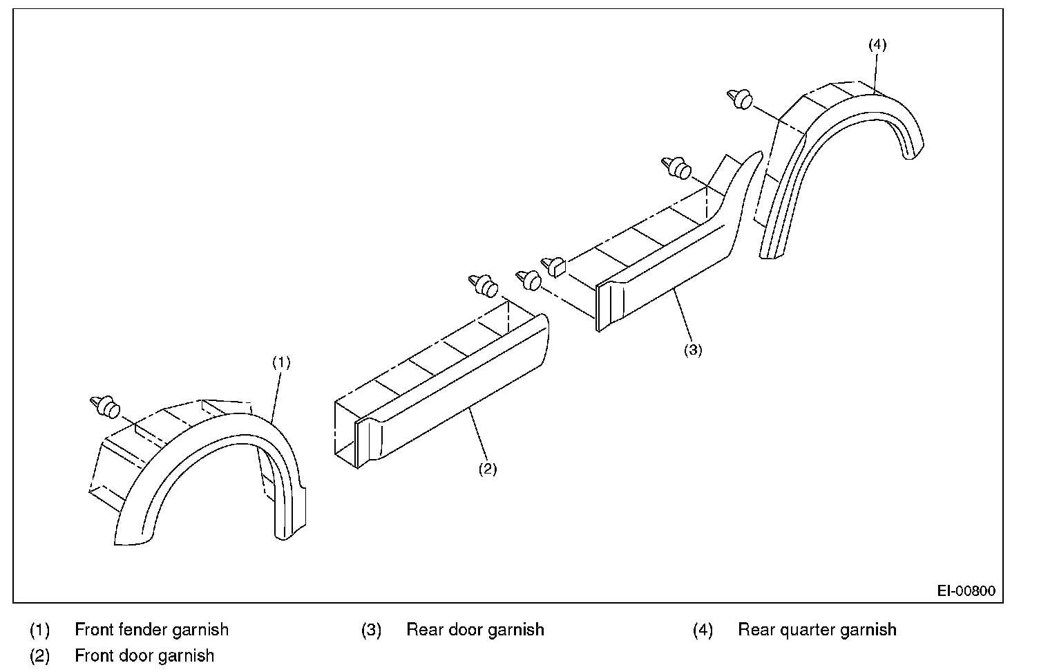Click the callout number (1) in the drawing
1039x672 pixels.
tap(280, 362)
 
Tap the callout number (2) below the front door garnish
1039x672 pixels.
tap(488, 469)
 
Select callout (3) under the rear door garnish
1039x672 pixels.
tap(693, 350)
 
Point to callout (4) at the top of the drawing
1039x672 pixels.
tap(877, 44)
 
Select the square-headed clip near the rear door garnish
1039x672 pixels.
tap(556, 265)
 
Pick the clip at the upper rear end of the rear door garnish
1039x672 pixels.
tap(677, 167)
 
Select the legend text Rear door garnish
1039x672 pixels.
tap(475, 630)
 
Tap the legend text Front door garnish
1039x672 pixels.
tap(144, 655)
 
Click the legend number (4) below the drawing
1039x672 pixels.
tap(702, 630)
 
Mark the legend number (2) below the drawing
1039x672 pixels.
tap(39, 655)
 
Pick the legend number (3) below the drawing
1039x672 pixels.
tap(371, 630)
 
